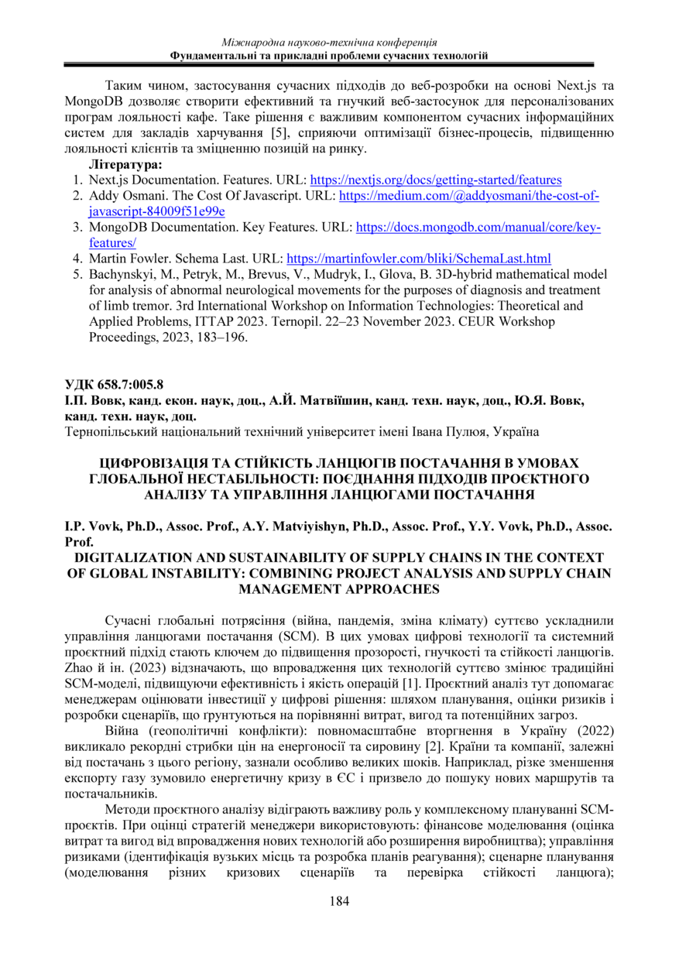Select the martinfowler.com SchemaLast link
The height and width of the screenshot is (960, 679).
coord(419,258)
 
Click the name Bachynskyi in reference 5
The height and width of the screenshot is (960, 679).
coord(123,274)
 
